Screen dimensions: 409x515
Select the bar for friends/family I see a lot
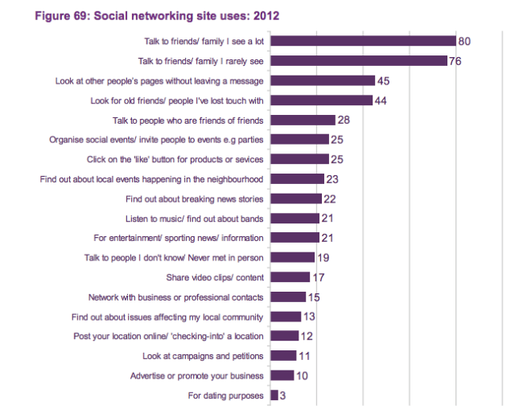[363, 41]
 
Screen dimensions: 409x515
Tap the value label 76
[455, 61]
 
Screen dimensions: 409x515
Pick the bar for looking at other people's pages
[323, 80]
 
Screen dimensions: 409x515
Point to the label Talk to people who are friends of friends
[188, 120]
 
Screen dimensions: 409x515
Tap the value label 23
[333, 178]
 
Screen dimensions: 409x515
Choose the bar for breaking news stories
[296, 198]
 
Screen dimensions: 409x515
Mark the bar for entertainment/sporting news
[295, 238]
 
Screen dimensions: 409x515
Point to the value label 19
[323, 257]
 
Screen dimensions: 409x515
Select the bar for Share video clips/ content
[290, 277]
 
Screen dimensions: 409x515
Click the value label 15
[314, 297]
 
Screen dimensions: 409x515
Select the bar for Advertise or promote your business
[282, 375]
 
